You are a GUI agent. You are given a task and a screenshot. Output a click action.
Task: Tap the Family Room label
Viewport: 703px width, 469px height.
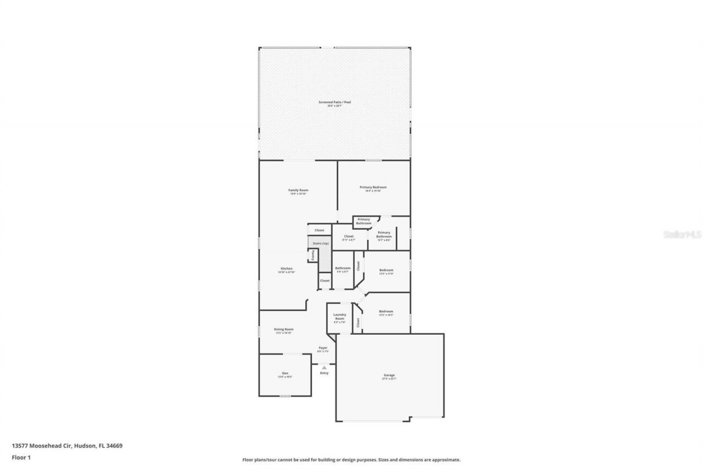pyautogui.click(x=298, y=190)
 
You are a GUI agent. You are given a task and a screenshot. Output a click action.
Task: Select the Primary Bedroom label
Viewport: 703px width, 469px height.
pyautogui.click(x=373, y=187)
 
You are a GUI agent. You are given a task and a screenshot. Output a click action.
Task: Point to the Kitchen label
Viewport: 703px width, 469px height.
pyautogui.click(x=286, y=268)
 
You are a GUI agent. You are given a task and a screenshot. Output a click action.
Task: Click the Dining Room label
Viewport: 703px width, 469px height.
pyautogui.click(x=284, y=329)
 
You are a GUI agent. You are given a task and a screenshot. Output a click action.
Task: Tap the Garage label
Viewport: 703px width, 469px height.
pyautogui.click(x=389, y=376)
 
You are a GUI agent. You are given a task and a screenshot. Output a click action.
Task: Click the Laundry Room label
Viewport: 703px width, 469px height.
pyautogui.click(x=339, y=317)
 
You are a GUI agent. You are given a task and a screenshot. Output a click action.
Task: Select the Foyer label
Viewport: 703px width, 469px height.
pyautogui.click(x=323, y=348)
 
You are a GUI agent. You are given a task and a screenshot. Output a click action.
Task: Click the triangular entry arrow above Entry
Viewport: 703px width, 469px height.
pyautogui.click(x=324, y=367)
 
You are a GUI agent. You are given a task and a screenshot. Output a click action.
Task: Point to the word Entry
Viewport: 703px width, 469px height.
pyautogui.click(x=324, y=373)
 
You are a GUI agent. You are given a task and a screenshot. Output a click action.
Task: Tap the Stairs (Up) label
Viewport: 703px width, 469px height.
pyautogui.click(x=321, y=243)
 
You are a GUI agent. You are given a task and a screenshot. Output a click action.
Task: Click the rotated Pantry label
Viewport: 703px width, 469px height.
pyautogui.click(x=313, y=255)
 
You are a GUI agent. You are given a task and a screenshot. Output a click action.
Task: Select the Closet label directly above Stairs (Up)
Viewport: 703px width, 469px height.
pyautogui.click(x=320, y=230)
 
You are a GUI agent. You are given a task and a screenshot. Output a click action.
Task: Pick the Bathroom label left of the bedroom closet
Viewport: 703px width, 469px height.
pyautogui.click(x=343, y=268)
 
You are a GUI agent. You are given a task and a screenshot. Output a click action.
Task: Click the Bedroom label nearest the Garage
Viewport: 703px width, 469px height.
pyautogui.click(x=386, y=311)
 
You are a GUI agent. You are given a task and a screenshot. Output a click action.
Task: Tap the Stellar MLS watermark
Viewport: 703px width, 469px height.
pyautogui.click(x=683, y=234)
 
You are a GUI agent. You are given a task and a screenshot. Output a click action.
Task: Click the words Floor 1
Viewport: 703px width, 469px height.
pyautogui.click(x=21, y=456)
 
